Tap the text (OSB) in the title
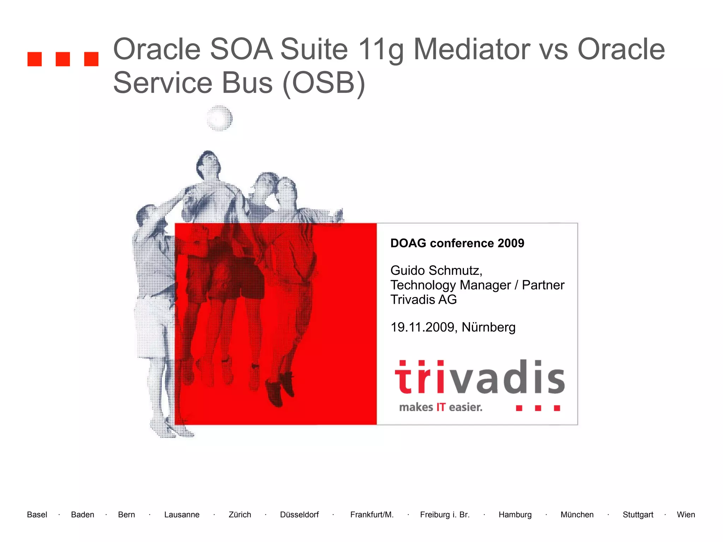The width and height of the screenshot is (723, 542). [323, 83]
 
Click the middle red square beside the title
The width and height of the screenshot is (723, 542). [63, 59]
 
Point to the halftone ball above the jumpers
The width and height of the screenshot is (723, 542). [220, 118]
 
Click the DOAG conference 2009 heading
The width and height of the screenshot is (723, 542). [457, 243]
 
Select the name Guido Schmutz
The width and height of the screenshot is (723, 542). [436, 270]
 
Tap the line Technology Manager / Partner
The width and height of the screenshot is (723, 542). [477, 285]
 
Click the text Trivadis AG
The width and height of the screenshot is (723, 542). [423, 300]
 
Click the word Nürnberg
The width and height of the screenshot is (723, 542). [488, 327]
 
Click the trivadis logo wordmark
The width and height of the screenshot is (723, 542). [479, 378]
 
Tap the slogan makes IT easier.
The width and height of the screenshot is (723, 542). [440, 407]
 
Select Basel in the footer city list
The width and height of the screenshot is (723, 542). [37, 514]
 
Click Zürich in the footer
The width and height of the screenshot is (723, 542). [240, 514]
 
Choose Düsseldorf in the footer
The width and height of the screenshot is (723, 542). [299, 514]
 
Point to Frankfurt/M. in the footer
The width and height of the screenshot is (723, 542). [371, 514]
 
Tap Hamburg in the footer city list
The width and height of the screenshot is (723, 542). [515, 514]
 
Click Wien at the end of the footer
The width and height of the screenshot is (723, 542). [686, 514]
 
